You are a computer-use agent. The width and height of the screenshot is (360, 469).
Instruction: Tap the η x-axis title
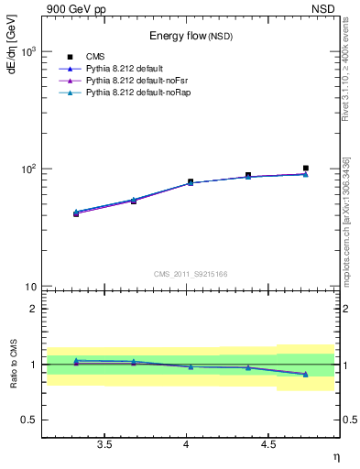point(335,456)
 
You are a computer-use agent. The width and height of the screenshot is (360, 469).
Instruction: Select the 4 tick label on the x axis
point(187,445)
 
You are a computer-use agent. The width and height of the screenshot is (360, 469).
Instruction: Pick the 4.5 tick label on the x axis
point(268,445)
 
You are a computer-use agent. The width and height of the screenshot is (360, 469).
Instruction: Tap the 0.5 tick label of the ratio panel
point(29,420)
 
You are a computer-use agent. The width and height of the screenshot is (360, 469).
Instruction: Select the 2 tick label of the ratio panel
point(34,309)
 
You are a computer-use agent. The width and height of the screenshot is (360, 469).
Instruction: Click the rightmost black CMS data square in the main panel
point(306,169)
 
